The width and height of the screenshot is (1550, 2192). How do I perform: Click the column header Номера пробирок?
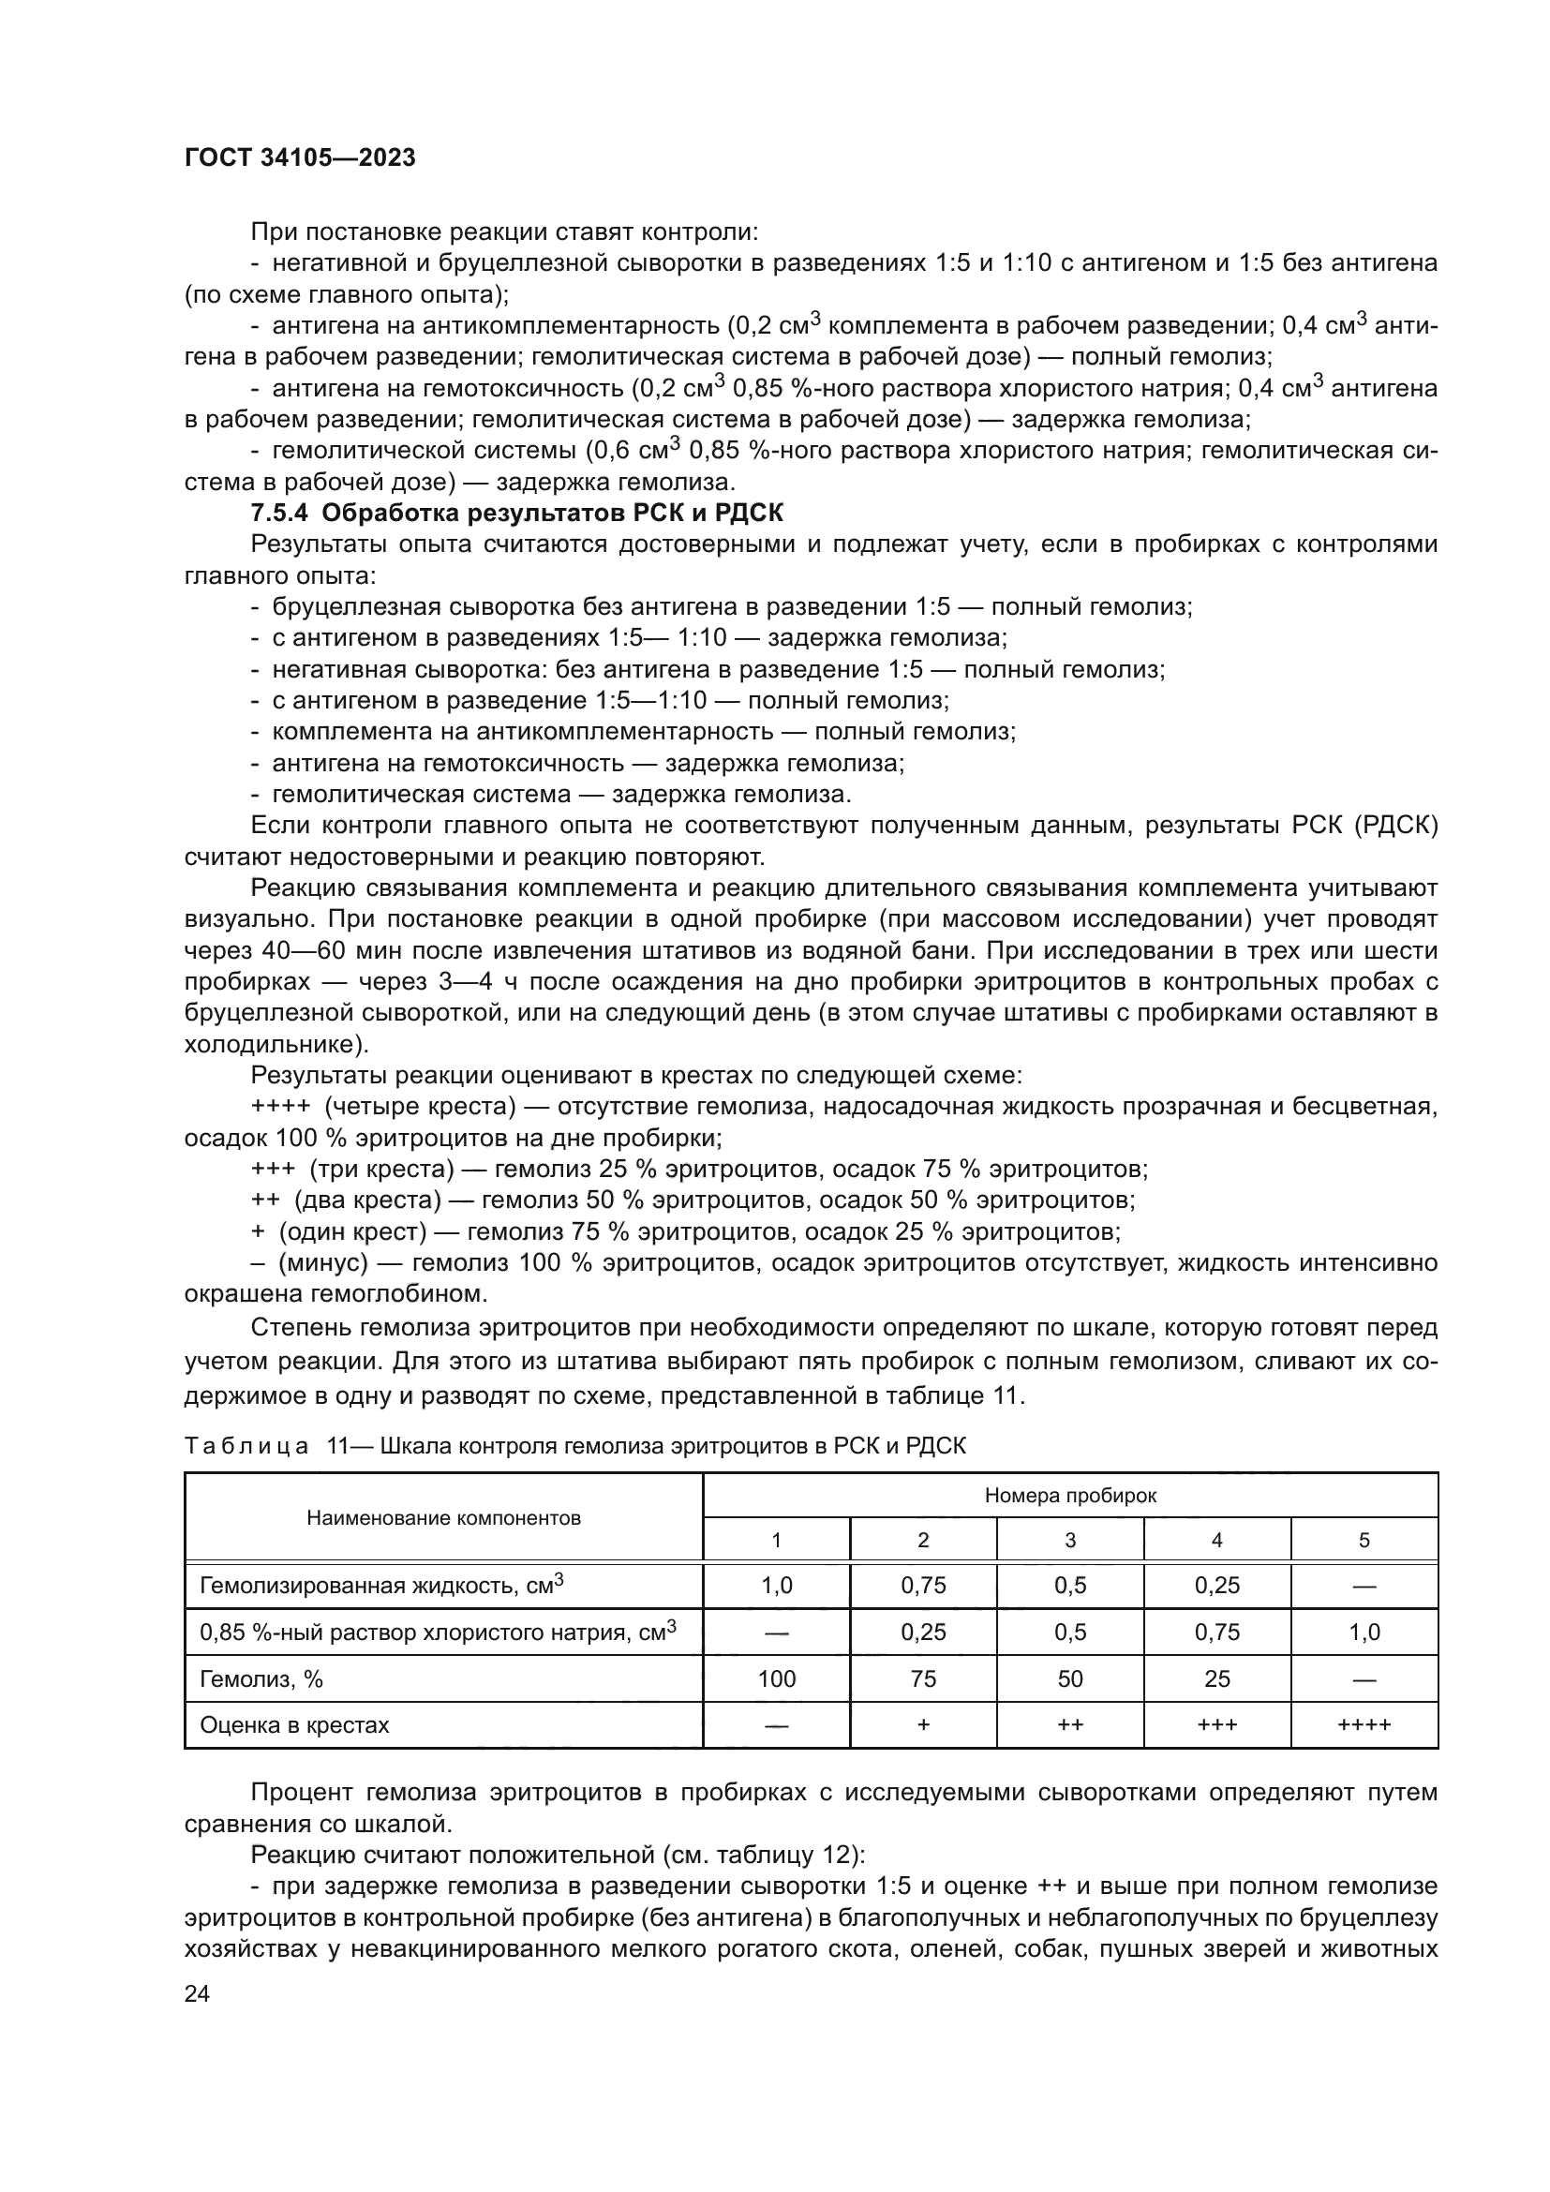(x=1070, y=1496)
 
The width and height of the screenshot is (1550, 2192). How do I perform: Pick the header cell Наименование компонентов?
(x=443, y=1518)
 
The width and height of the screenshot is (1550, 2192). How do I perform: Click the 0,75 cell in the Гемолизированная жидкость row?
(x=923, y=1586)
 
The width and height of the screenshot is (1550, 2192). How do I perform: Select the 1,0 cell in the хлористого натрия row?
(x=1364, y=1633)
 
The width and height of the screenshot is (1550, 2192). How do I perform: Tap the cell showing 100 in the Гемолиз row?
(x=776, y=1679)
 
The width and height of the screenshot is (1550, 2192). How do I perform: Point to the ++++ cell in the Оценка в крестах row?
(x=1364, y=1725)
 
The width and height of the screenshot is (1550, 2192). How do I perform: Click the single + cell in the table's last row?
(x=923, y=1725)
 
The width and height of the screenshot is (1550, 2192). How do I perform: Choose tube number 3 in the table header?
(x=1070, y=1540)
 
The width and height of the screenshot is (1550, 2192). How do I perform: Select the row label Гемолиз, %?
(x=261, y=1679)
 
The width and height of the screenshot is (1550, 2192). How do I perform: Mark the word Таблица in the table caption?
(x=246, y=1445)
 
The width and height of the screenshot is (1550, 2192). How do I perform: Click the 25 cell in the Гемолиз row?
(x=1217, y=1679)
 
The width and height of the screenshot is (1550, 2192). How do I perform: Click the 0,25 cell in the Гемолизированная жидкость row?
(x=1217, y=1586)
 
